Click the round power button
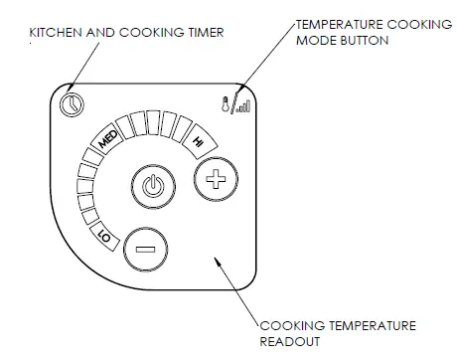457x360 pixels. [x=151, y=186]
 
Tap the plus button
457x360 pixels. [x=211, y=182]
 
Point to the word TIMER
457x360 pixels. [x=205, y=33]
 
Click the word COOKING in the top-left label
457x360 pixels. [x=150, y=33]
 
